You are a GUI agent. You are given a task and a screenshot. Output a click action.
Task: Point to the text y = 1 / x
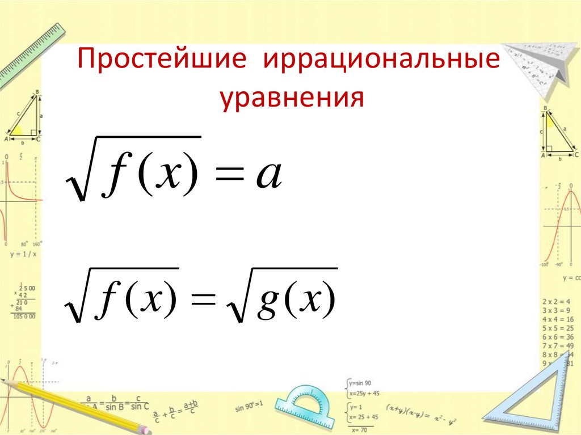coord(22,254)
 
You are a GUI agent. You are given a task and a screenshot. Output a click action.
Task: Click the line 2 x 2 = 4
coord(558,301)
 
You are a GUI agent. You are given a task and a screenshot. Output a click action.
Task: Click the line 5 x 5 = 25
coord(558,328)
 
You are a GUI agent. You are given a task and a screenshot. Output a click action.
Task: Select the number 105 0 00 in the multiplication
coord(24,315)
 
